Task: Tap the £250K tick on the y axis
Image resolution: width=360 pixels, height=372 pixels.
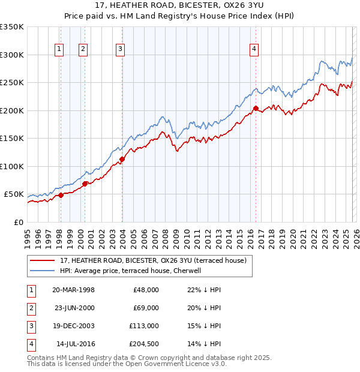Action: pyautogui.click(x=12, y=83)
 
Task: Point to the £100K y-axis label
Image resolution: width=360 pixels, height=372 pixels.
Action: pyautogui.click(x=12, y=166)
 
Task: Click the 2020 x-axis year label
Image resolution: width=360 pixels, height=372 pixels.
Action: pyautogui.click(x=292, y=233)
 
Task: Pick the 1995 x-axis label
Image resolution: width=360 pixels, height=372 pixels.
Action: pyautogui.click(x=27, y=233)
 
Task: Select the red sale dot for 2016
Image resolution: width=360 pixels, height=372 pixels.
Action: pyautogui.click(x=256, y=109)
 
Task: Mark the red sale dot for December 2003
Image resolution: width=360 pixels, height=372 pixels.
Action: pyautogui.click(x=122, y=160)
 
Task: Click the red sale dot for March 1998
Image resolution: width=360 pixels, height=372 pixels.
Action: pyautogui.click(x=61, y=195)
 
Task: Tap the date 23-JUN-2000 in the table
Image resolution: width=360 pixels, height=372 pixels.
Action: pyautogui.click(x=73, y=308)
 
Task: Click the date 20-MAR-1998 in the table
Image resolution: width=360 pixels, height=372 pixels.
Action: pyautogui.click(x=73, y=290)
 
